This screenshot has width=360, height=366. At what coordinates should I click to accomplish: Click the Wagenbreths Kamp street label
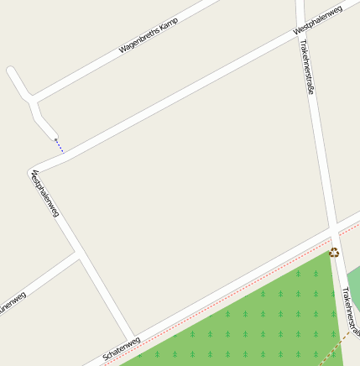point(149,36)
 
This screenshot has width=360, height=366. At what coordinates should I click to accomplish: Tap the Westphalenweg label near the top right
point(318,21)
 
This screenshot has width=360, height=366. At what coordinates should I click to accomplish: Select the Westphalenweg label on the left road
point(44,195)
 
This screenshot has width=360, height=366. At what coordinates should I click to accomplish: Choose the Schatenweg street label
point(121,347)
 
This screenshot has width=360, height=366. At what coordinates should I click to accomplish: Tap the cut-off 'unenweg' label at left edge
point(12,300)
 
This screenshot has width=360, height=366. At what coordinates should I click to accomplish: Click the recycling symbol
point(334,252)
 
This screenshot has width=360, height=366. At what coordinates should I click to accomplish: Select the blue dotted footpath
point(59,145)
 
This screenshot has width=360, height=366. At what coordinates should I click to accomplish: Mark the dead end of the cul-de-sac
point(12,71)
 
